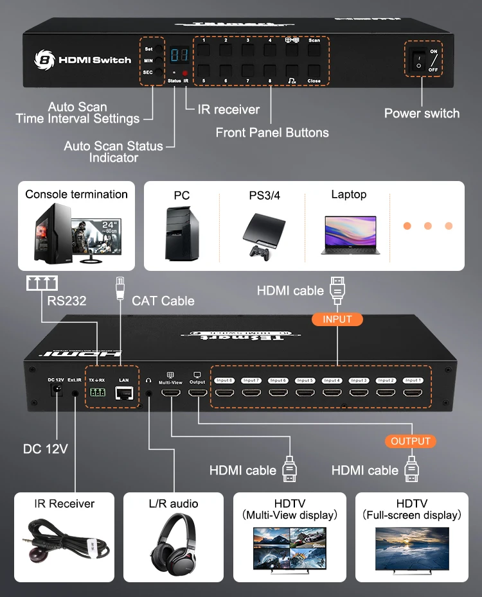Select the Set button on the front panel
(x=158, y=49)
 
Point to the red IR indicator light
(x=185, y=73)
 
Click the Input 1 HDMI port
(x=413, y=391)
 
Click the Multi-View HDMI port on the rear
(x=170, y=392)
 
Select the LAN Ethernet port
(x=124, y=393)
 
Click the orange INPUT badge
(x=337, y=319)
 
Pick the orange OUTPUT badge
(x=411, y=441)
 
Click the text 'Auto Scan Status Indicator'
(x=113, y=151)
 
